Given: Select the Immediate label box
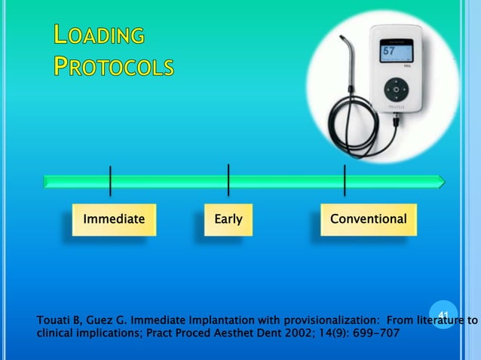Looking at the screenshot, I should (x=114, y=219).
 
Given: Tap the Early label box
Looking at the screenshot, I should (x=228, y=219).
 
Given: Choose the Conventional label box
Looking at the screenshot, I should (x=368, y=219).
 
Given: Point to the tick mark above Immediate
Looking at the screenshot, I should (x=111, y=181).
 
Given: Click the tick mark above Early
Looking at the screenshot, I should (x=228, y=179).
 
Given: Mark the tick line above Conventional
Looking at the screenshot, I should (x=345, y=179).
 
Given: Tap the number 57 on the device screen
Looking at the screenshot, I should (x=388, y=52).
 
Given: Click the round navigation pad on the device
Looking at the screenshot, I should (x=396, y=90).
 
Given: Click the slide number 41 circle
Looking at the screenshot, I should (x=443, y=313).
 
